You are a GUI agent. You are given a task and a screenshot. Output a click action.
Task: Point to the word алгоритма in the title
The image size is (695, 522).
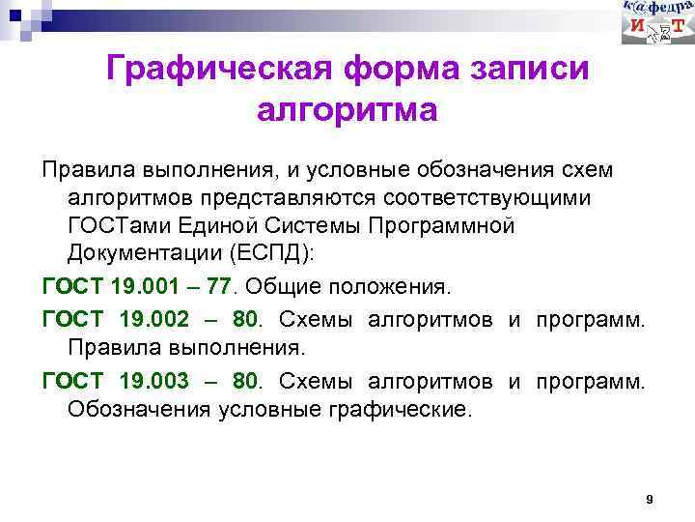click(x=347, y=110)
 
